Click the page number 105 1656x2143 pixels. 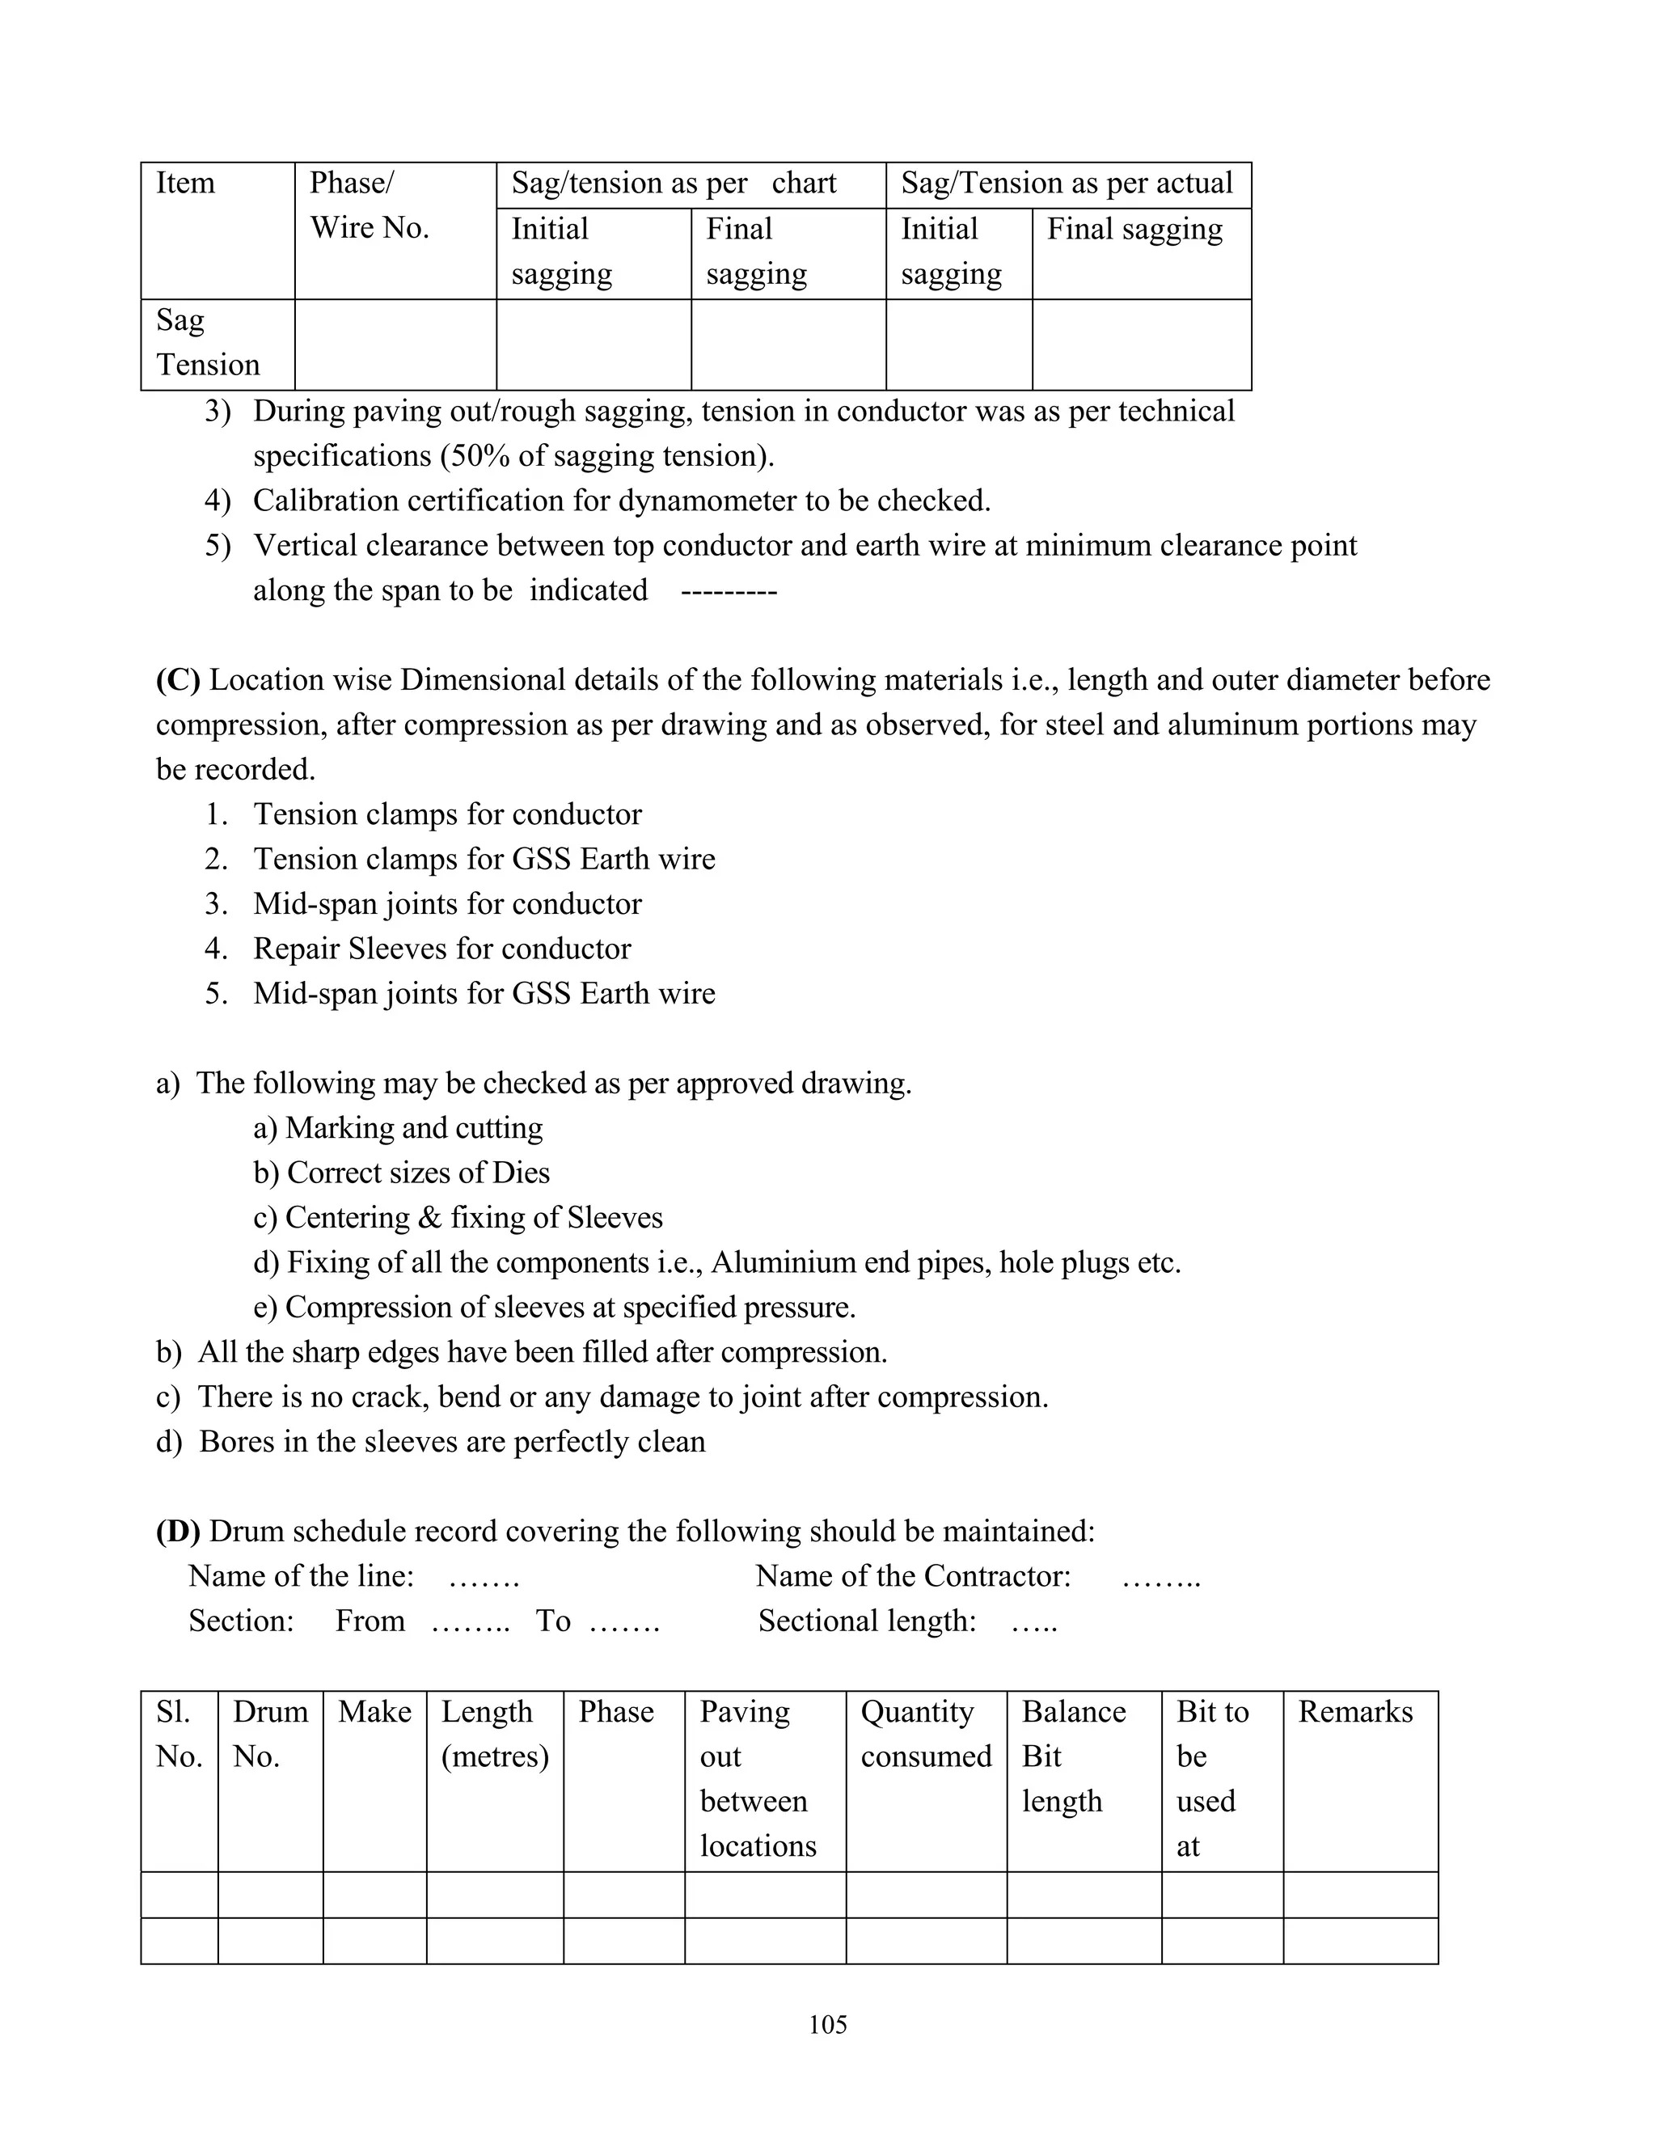tap(827, 2023)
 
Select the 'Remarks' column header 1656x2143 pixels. tap(1355, 1712)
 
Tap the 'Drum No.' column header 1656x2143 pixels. tap(270, 1734)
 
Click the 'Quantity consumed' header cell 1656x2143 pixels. tap(925, 1734)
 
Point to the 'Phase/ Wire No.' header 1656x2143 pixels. tap(369, 205)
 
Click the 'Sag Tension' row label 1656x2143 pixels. tap(207, 342)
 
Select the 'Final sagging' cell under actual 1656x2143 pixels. tap(1134, 230)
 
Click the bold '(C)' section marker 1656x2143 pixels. tap(178, 680)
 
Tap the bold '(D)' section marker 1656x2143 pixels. tap(178, 1531)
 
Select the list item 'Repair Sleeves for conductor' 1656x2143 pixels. tap(441, 949)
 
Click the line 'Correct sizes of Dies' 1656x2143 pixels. tap(417, 1173)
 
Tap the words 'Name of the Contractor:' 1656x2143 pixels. tap(912, 1576)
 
